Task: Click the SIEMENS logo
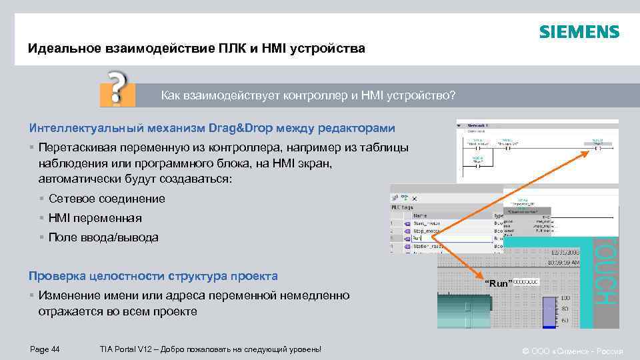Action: [x=579, y=32]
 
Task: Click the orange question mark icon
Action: [x=117, y=87]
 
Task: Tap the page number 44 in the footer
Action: [x=45, y=349]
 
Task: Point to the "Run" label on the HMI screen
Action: [x=499, y=283]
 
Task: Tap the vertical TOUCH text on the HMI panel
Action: [x=605, y=273]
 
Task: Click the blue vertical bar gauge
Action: [x=549, y=311]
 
